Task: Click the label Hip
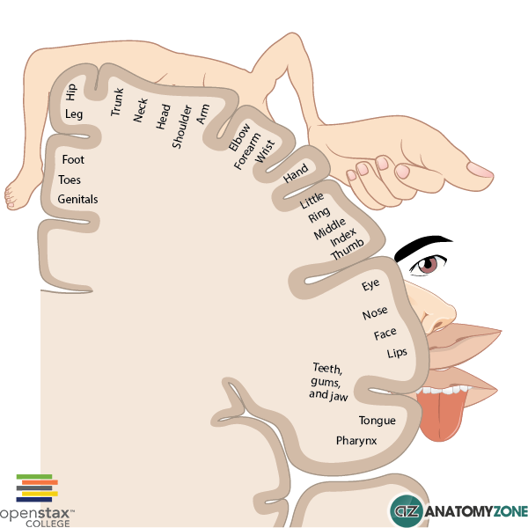[71, 92]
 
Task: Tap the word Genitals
[78, 200]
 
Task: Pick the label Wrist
[264, 152]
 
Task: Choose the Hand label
[296, 173]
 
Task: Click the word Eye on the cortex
[370, 286]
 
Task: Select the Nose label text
[375, 314]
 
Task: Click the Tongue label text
[377, 421]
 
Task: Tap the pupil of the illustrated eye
[430, 265]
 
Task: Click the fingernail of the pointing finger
[480, 170]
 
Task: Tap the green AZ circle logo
[407, 511]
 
